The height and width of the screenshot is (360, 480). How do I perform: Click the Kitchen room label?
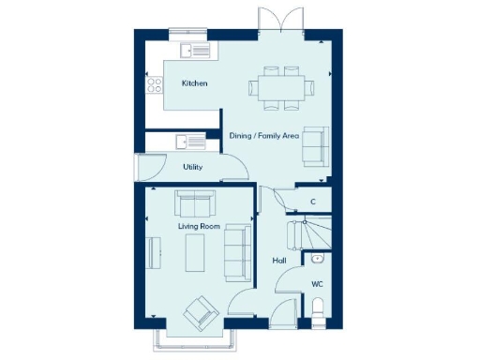point(194,84)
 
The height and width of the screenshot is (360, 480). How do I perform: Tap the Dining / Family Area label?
point(264,136)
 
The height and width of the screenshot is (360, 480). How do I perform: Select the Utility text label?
point(192,166)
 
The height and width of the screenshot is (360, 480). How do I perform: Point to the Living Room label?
point(198,227)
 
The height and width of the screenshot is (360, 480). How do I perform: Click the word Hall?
point(278,260)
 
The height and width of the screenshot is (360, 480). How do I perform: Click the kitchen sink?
point(197,50)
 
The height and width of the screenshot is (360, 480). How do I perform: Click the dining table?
point(281,87)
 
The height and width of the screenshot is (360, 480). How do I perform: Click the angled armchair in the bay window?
point(201,312)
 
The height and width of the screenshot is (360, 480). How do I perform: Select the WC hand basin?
point(318,257)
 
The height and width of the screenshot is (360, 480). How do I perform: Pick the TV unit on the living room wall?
point(154,252)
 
